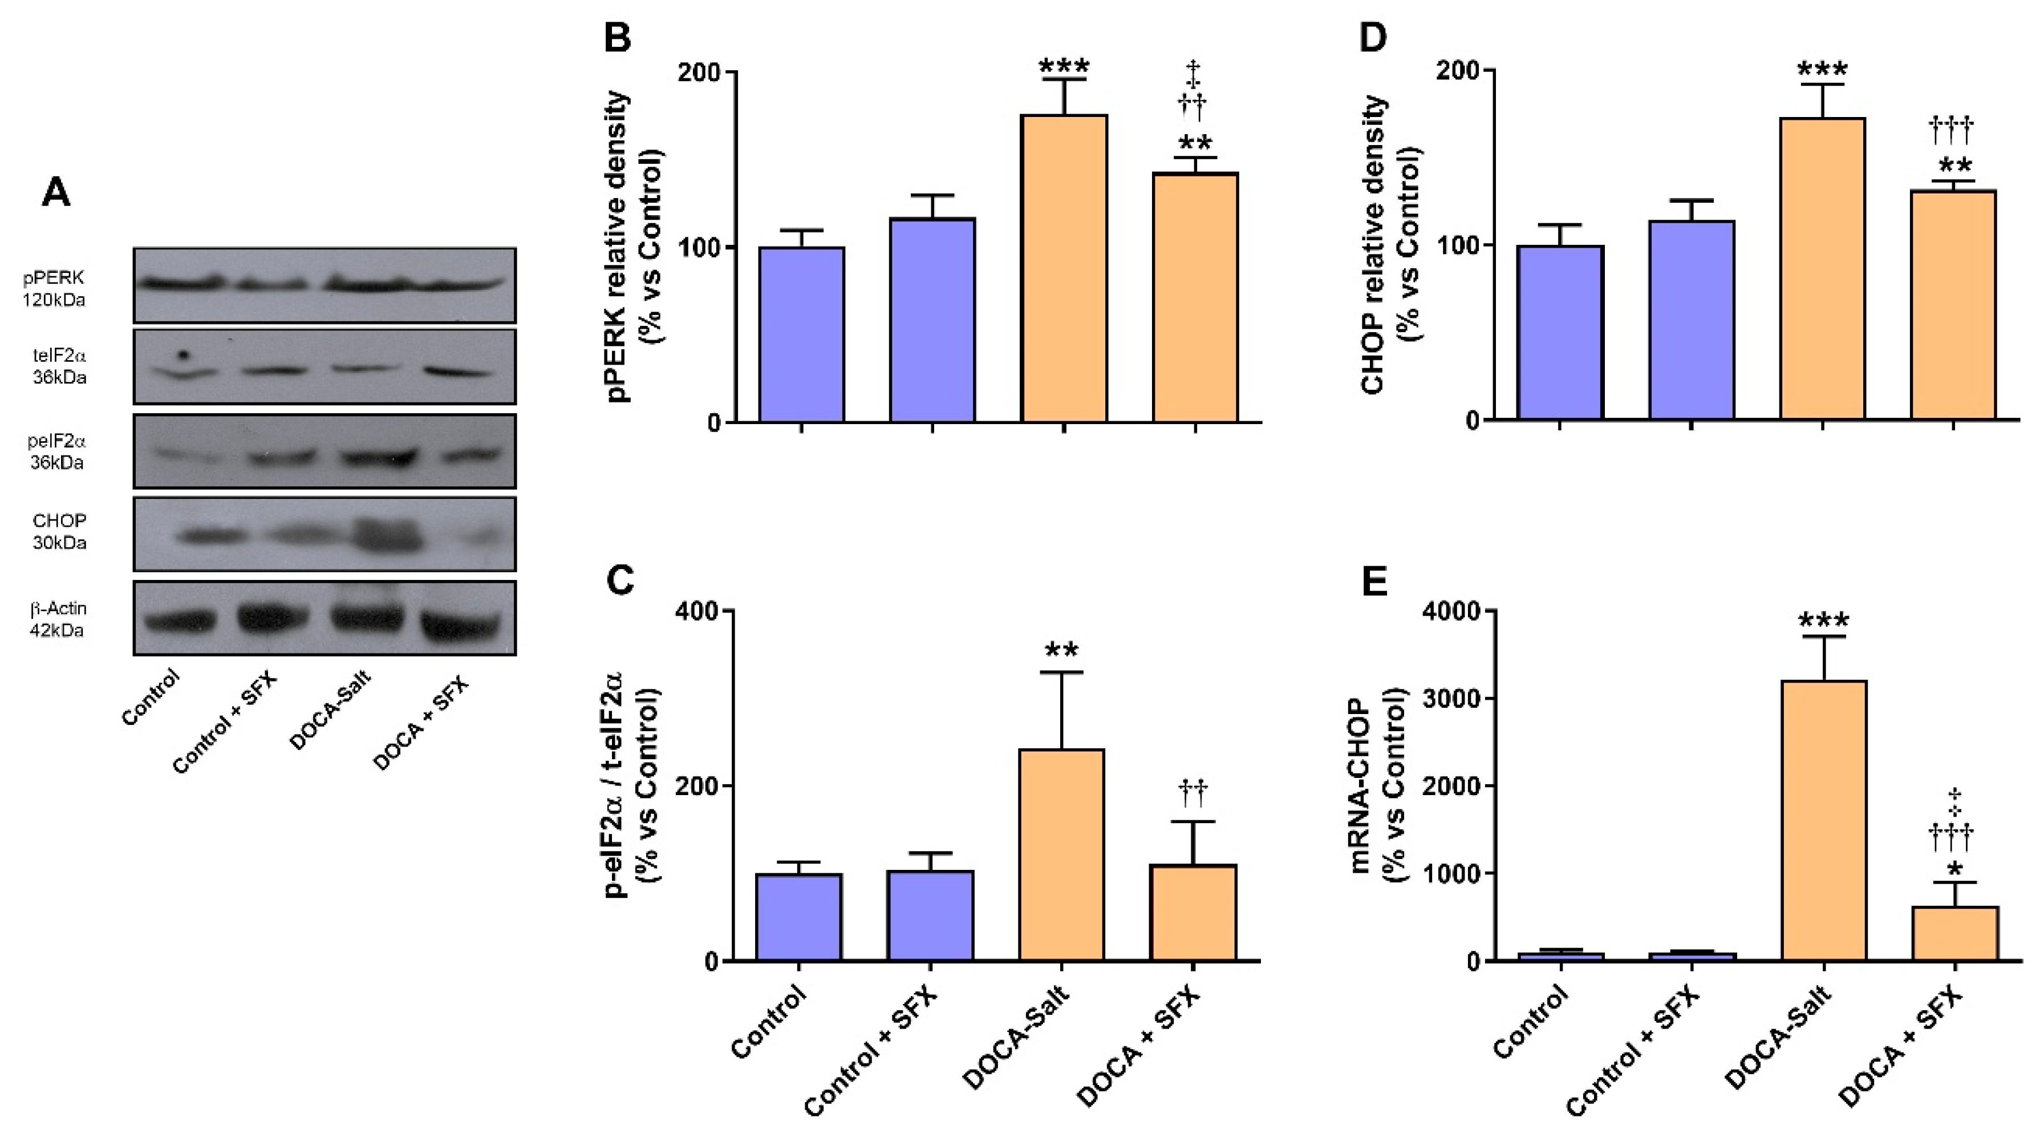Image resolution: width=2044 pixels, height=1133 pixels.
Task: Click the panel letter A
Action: [55, 192]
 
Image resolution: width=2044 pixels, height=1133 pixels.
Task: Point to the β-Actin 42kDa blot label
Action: [59, 619]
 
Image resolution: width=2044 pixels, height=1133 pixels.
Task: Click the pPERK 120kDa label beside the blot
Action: [54, 289]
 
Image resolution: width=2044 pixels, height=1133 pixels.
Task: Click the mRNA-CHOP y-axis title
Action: [1379, 786]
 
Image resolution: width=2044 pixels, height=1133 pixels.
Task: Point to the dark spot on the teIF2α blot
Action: [183, 355]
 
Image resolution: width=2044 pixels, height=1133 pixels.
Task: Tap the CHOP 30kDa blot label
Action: [59, 532]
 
